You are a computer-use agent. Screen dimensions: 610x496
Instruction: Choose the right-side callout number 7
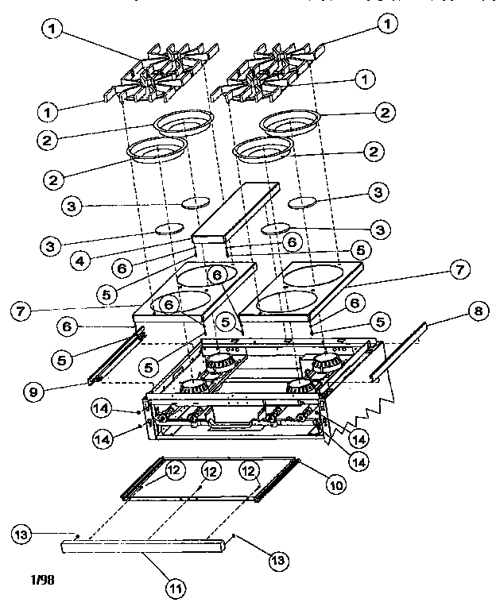coord(459,271)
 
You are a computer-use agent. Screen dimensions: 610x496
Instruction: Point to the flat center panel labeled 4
coord(234,210)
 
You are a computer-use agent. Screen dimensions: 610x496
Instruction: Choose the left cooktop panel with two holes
coord(195,294)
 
